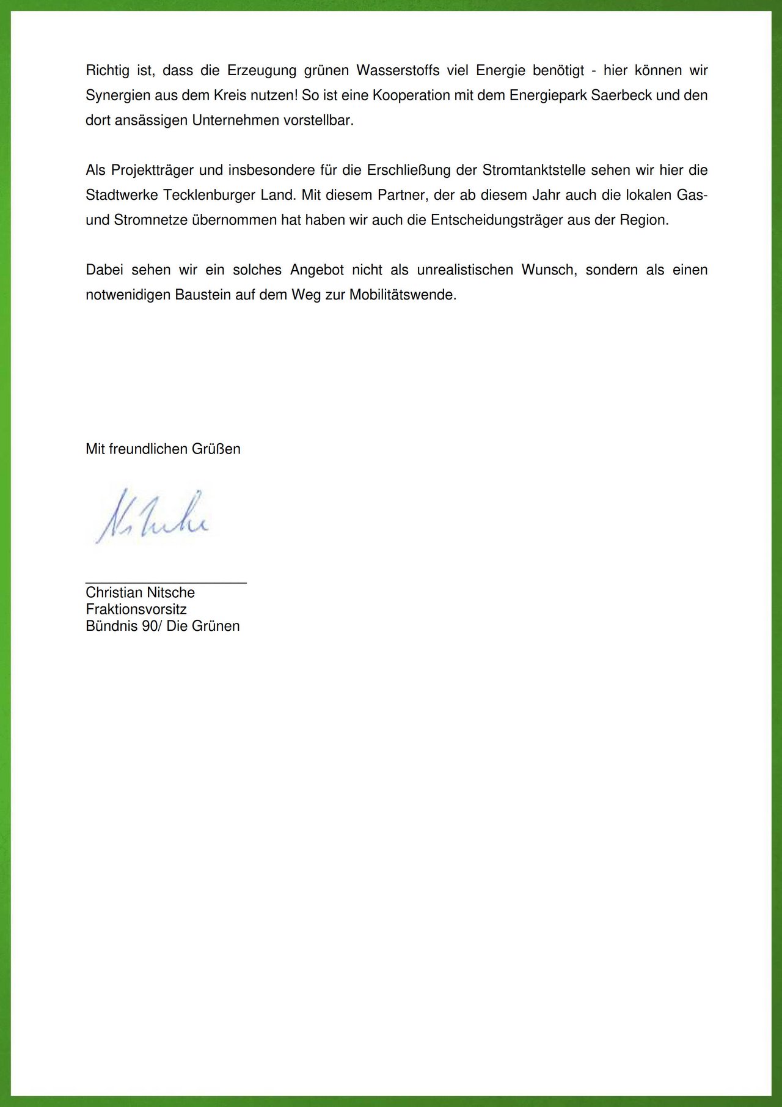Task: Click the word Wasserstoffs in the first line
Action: [x=398, y=70]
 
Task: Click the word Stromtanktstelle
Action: [x=534, y=170]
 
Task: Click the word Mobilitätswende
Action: [x=403, y=295]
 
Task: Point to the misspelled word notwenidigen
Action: [x=128, y=295]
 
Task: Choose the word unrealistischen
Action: [x=465, y=270]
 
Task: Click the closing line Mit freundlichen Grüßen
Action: [x=163, y=449]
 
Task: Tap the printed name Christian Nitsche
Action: [x=140, y=592]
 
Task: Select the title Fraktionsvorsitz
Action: [x=136, y=609]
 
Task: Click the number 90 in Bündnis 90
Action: [x=149, y=626]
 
